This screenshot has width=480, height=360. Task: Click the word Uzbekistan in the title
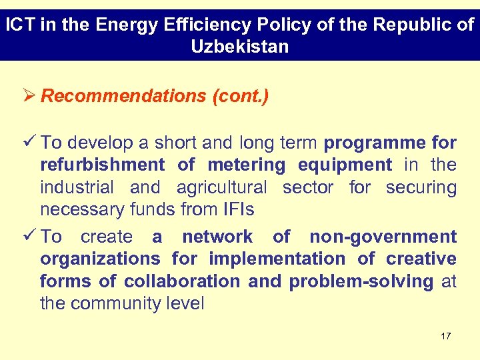[x=240, y=47]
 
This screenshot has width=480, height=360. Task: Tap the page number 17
[x=446, y=336]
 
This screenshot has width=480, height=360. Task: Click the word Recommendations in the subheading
[x=123, y=96]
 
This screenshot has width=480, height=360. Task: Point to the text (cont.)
[x=240, y=96]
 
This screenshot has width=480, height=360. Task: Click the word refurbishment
[x=102, y=165]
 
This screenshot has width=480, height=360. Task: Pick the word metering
[x=247, y=165]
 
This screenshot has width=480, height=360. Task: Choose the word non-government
[x=383, y=237]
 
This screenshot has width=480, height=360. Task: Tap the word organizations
[x=100, y=259]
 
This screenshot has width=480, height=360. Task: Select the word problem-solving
[x=361, y=281]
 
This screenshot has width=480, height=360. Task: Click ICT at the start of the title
[x=20, y=25]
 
